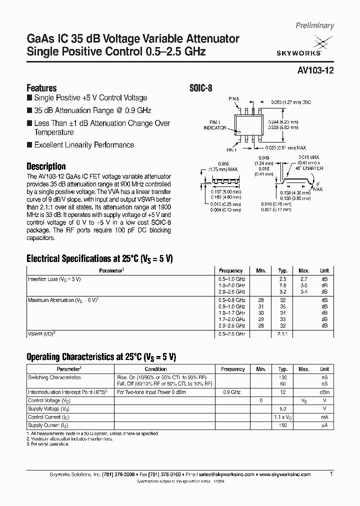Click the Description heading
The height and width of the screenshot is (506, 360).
(x=45, y=166)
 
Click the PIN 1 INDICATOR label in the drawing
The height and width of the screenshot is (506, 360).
(x=214, y=125)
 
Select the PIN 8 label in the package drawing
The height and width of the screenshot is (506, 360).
(x=234, y=99)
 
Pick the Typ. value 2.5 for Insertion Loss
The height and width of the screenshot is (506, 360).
(x=282, y=278)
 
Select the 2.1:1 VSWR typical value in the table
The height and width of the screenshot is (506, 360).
(x=282, y=333)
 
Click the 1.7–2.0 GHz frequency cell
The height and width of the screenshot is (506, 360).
(x=231, y=318)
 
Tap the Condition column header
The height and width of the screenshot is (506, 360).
(x=155, y=369)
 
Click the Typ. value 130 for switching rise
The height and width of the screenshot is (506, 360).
(x=282, y=377)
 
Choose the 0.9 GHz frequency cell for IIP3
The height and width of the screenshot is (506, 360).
(x=232, y=392)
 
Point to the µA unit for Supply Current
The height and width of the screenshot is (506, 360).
(x=324, y=424)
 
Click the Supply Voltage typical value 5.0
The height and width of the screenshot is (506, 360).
(x=282, y=408)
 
